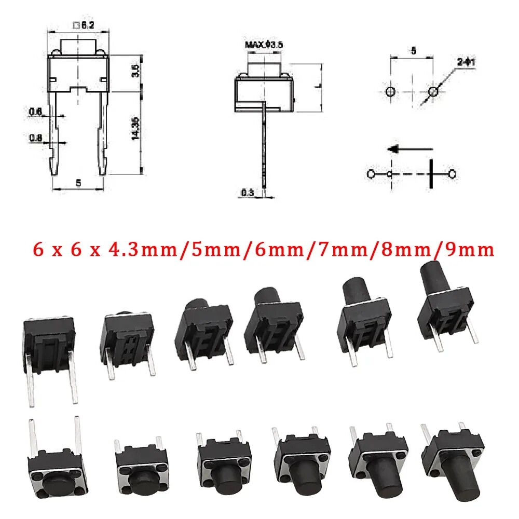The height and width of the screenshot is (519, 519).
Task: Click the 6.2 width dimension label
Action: click(x=81, y=24)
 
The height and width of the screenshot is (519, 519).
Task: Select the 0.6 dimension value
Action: click(x=36, y=111)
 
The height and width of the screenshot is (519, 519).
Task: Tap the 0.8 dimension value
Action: click(x=36, y=138)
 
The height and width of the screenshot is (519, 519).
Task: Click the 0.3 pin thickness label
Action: click(x=247, y=193)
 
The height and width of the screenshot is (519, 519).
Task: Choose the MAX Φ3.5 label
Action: click(x=264, y=45)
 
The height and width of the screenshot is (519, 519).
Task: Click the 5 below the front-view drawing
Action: click(x=78, y=183)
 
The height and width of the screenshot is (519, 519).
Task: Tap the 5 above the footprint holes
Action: click(x=414, y=51)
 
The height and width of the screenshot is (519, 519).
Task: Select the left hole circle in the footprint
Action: click(x=391, y=92)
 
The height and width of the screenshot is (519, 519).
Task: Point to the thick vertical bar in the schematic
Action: click(x=430, y=173)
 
